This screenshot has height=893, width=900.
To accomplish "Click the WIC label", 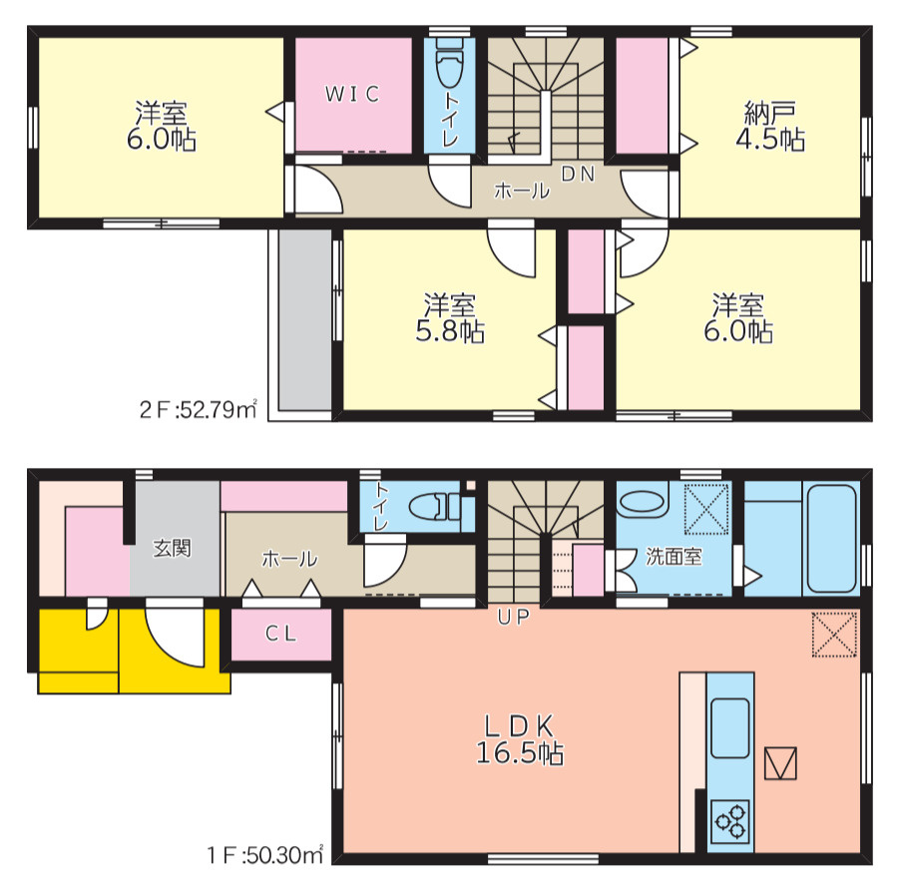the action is coord(352,94).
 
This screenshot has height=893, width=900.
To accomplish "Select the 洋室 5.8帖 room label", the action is coord(450,318).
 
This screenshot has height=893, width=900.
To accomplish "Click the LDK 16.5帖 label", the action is coord(520,739).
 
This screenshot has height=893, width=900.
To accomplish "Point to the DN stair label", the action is coord(578,174).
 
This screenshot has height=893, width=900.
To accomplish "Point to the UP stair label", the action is coord(514,617).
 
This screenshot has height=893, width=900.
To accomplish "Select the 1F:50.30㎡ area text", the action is coord(265,856).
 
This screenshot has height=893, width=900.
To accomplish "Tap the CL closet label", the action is coord(280,634).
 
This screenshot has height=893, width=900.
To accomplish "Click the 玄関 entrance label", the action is coord(172,549).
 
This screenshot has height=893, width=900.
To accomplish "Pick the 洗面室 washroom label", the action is coord(674,557).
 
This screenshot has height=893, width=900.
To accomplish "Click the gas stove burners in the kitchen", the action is coord(730,821).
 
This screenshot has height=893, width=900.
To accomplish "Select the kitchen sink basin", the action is coord(729,728).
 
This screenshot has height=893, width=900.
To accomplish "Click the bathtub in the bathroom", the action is coord(832,540).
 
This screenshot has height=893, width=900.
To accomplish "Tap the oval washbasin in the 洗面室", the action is coord(643,501).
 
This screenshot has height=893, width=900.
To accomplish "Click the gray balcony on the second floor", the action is coord(305,320).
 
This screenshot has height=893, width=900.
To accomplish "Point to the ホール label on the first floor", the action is coord(289,559).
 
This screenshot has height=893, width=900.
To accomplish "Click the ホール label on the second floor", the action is coord(522,190).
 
